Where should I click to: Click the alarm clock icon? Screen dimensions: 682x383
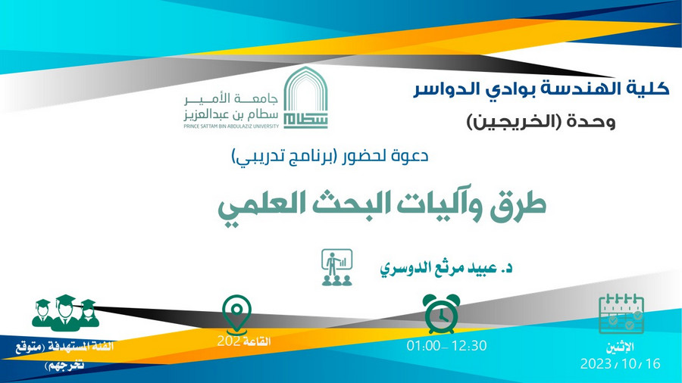tap(441, 313)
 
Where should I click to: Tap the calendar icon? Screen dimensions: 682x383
tap(621, 313)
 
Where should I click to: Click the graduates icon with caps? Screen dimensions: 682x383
tap(66, 313)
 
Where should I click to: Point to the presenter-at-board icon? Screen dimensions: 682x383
tap(337, 267)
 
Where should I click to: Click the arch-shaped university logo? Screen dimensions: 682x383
tap(305, 98)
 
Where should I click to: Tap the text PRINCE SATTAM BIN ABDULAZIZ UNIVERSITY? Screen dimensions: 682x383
tap(231, 126)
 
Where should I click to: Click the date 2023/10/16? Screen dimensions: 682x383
tap(620, 363)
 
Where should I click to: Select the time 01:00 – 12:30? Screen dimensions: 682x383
tap(446, 346)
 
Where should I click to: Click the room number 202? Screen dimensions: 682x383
tap(229, 341)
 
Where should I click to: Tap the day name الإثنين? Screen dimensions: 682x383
tap(620, 347)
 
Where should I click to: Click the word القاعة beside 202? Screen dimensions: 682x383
tap(257, 341)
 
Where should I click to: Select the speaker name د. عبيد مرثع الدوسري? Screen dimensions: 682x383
tap(446, 268)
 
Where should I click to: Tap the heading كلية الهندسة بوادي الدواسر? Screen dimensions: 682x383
tap(541, 89)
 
